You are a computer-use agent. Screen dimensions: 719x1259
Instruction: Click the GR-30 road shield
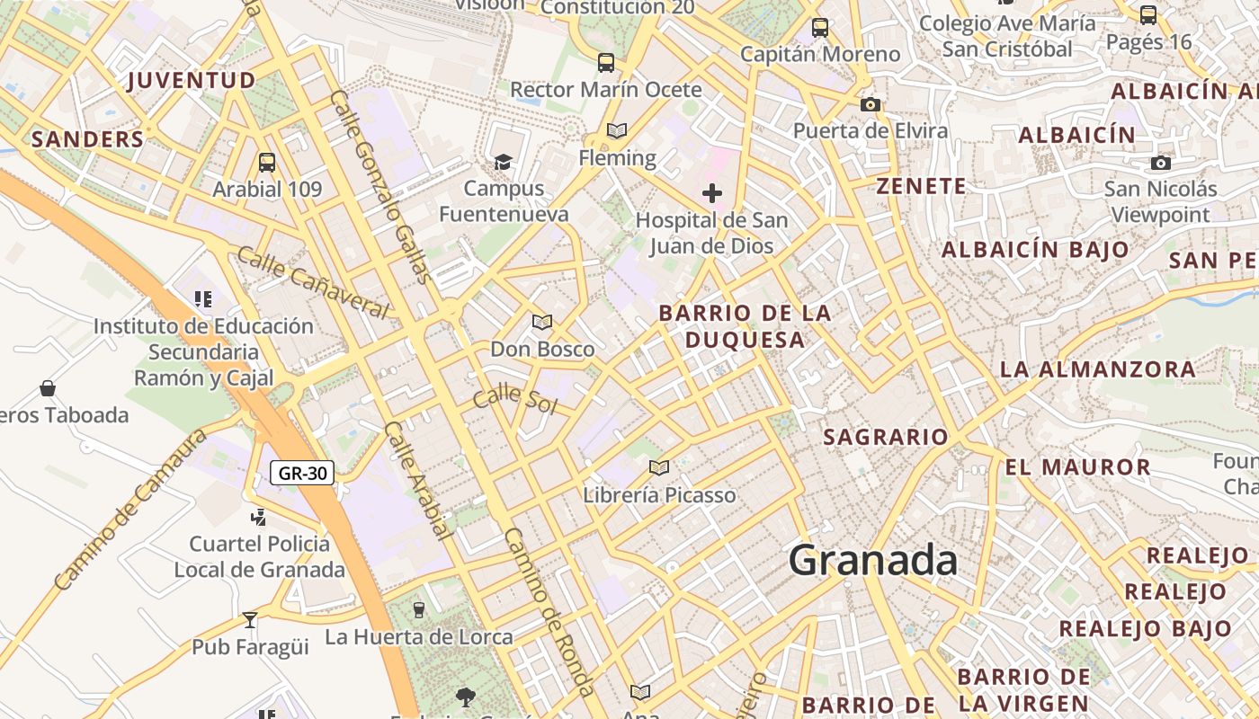click(x=302, y=473)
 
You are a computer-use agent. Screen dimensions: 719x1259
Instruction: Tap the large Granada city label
click(x=872, y=561)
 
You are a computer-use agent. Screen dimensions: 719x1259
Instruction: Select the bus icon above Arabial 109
click(x=267, y=163)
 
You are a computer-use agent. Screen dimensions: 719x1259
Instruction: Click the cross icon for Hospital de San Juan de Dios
click(x=712, y=193)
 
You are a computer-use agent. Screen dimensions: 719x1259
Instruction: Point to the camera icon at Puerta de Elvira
click(x=870, y=104)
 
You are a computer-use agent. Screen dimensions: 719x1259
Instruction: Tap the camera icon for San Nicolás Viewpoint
click(x=1161, y=163)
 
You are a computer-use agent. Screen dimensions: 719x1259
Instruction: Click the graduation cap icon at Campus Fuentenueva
click(x=503, y=162)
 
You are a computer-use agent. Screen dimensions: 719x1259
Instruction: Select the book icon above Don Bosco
click(x=541, y=322)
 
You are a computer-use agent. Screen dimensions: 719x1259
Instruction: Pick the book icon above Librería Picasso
click(x=659, y=467)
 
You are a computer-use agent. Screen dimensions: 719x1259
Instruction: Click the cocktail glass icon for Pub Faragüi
click(x=250, y=620)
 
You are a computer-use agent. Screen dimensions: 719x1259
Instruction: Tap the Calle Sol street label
click(x=515, y=399)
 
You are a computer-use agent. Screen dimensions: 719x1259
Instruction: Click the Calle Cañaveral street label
click(x=313, y=281)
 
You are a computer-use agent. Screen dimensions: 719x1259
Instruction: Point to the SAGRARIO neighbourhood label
click(x=886, y=438)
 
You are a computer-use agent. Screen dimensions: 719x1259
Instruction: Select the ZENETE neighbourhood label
click(x=922, y=187)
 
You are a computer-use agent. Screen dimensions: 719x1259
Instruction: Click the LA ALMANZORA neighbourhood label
click(x=1098, y=369)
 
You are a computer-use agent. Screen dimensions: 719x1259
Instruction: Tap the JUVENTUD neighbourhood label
click(x=192, y=81)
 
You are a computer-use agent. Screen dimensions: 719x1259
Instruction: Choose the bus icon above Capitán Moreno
click(x=820, y=27)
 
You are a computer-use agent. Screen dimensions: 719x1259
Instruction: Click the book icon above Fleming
click(x=616, y=131)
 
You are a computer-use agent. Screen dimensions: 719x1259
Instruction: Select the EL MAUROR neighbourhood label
click(x=1077, y=467)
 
